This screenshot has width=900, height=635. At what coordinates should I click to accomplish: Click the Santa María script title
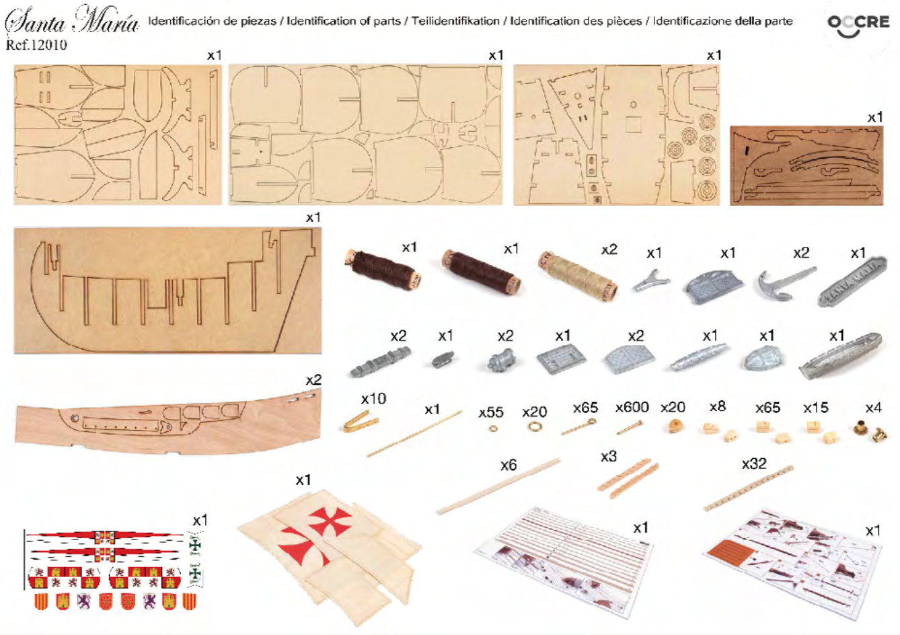pos(72,20)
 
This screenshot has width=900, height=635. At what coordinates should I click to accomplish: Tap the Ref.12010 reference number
pos(36,44)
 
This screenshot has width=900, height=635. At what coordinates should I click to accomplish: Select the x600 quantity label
pos(632,408)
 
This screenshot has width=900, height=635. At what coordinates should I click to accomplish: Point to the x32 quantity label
pos(754,463)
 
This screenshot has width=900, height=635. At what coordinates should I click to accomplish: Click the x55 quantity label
pos(490,412)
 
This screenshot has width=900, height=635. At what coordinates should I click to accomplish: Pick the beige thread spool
pos(577,276)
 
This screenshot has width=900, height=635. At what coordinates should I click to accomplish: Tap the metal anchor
pos(786,283)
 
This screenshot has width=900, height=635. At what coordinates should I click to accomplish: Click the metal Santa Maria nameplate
pos(853,281)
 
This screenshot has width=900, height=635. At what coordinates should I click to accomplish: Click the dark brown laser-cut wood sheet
pos(807,165)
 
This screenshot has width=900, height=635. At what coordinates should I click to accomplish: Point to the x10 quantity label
pos(373,399)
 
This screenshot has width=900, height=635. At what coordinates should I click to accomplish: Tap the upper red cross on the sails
pos(330,522)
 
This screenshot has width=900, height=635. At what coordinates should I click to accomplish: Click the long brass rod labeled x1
pos(414,434)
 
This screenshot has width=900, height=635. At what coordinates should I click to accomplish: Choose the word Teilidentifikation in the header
pos(455,21)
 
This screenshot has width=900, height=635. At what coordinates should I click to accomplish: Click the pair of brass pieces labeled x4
pos(870,431)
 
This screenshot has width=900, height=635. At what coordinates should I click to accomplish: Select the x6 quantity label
pos(509,465)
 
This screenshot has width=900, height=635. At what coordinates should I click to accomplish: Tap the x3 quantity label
pos(609,457)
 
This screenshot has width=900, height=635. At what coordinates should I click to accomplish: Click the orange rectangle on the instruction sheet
pos(732,552)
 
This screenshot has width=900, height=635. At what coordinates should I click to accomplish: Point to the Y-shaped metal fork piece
pos(651,281)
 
